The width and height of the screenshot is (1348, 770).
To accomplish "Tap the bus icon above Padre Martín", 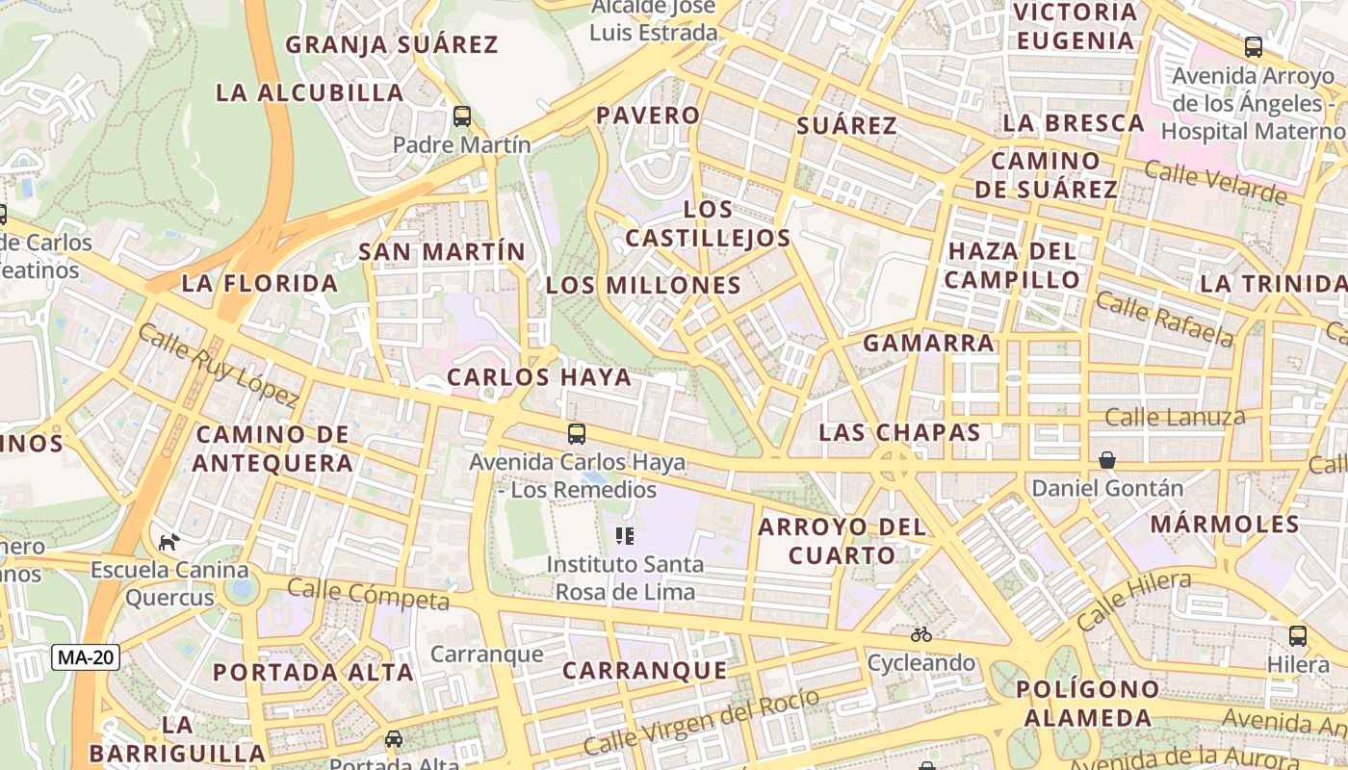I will [462, 116].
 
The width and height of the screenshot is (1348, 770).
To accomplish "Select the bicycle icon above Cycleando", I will [920, 634].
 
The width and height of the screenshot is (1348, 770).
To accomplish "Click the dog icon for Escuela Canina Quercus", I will [169, 542].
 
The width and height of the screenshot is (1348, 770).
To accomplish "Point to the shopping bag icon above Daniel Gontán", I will [1107, 460].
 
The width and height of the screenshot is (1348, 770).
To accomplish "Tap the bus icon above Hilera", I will [1297, 636].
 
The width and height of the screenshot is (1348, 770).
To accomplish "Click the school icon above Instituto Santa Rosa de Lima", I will [624, 535].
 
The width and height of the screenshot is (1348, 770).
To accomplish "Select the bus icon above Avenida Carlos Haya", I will [577, 434].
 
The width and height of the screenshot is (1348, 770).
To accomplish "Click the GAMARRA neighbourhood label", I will [928, 344].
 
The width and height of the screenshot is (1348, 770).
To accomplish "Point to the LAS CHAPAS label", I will [899, 433].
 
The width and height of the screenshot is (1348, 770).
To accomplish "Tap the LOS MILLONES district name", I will [643, 286].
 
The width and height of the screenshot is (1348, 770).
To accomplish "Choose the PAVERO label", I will [648, 115].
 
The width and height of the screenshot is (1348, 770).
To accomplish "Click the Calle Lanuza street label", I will [1175, 418].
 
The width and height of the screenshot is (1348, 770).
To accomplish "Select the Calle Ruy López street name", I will [218, 366].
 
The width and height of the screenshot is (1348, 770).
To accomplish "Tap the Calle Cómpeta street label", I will [368, 595].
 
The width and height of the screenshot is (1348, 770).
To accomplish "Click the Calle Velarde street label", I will [1215, 183].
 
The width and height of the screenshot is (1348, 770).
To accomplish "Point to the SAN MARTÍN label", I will [442, 252].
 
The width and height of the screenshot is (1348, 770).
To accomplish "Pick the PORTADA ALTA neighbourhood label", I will [313, 672].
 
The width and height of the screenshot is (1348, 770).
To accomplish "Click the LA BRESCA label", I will [1074, 123].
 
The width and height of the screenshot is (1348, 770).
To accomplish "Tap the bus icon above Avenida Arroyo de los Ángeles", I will [1253, 46].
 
